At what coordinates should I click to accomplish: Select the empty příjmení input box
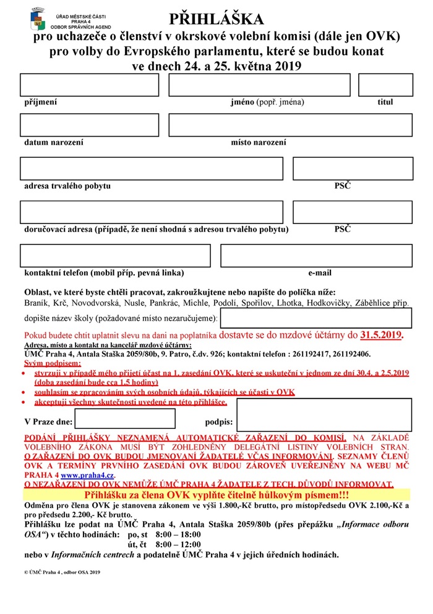89,85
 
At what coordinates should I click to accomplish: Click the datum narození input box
89,125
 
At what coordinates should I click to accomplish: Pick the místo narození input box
290,125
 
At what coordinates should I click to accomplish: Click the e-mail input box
316,256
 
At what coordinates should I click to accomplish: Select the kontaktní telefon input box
115,256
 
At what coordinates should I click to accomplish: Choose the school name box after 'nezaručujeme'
316,318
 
